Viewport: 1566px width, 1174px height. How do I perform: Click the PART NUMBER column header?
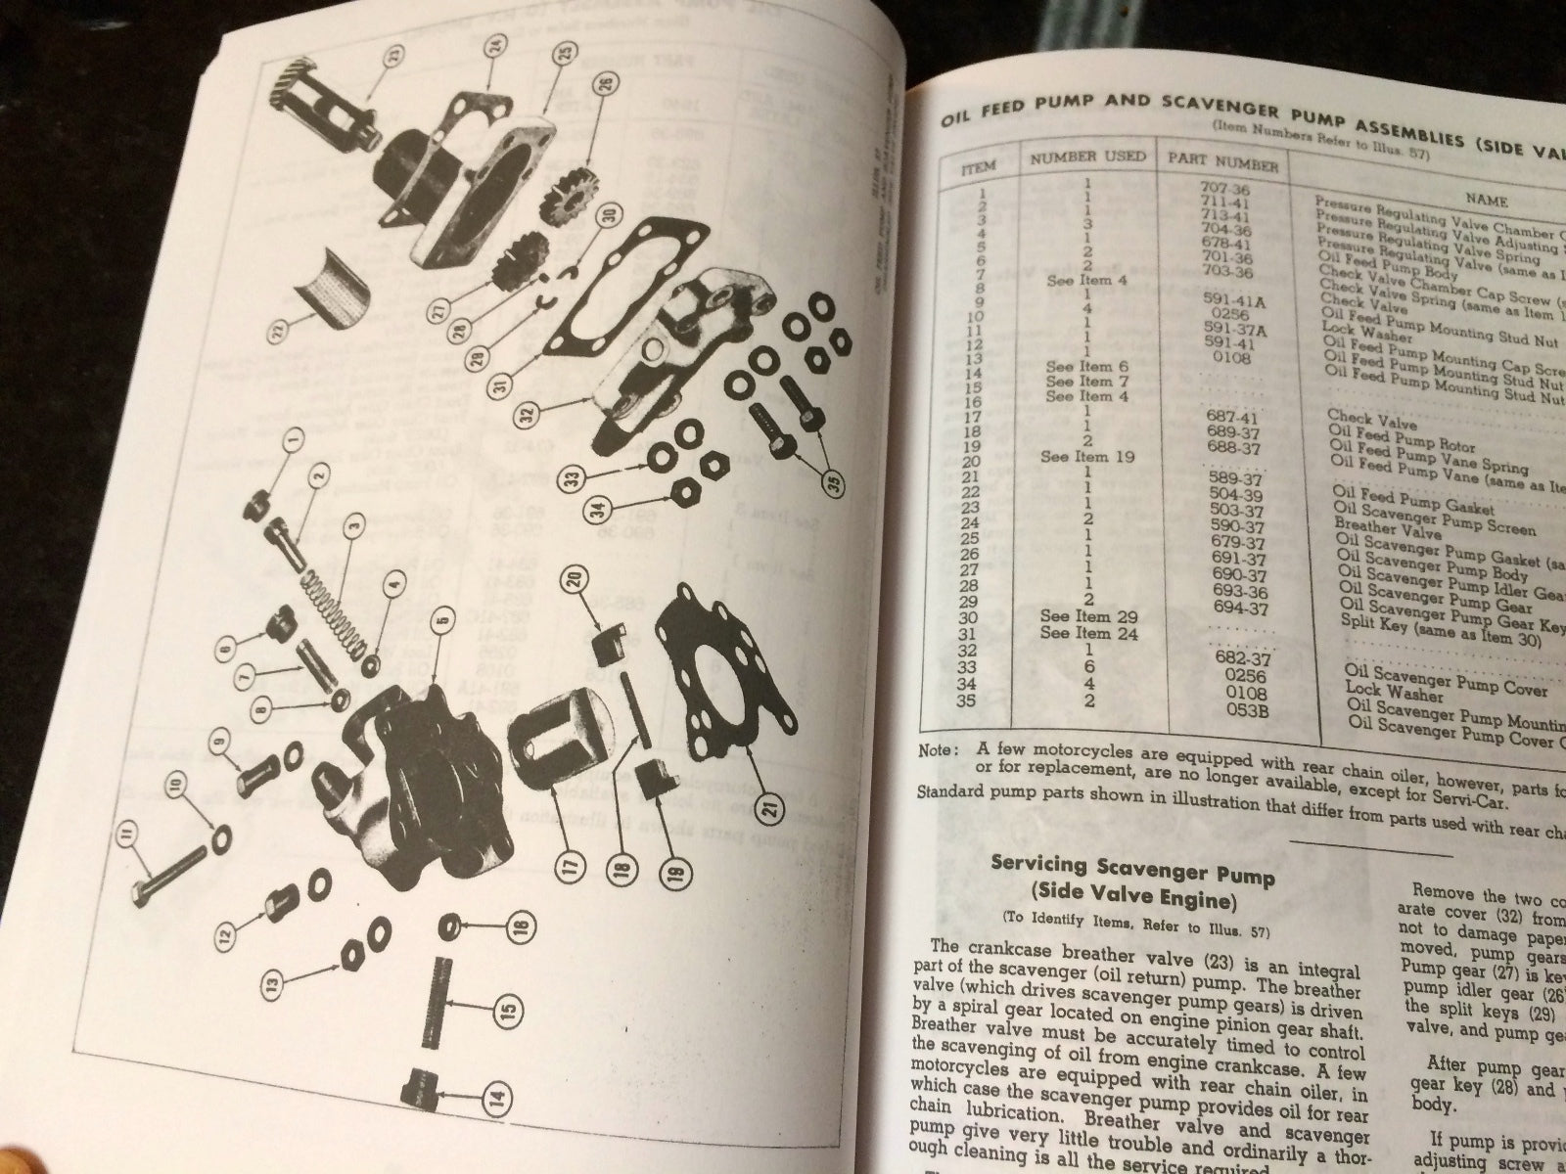[x=1221, y=161]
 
